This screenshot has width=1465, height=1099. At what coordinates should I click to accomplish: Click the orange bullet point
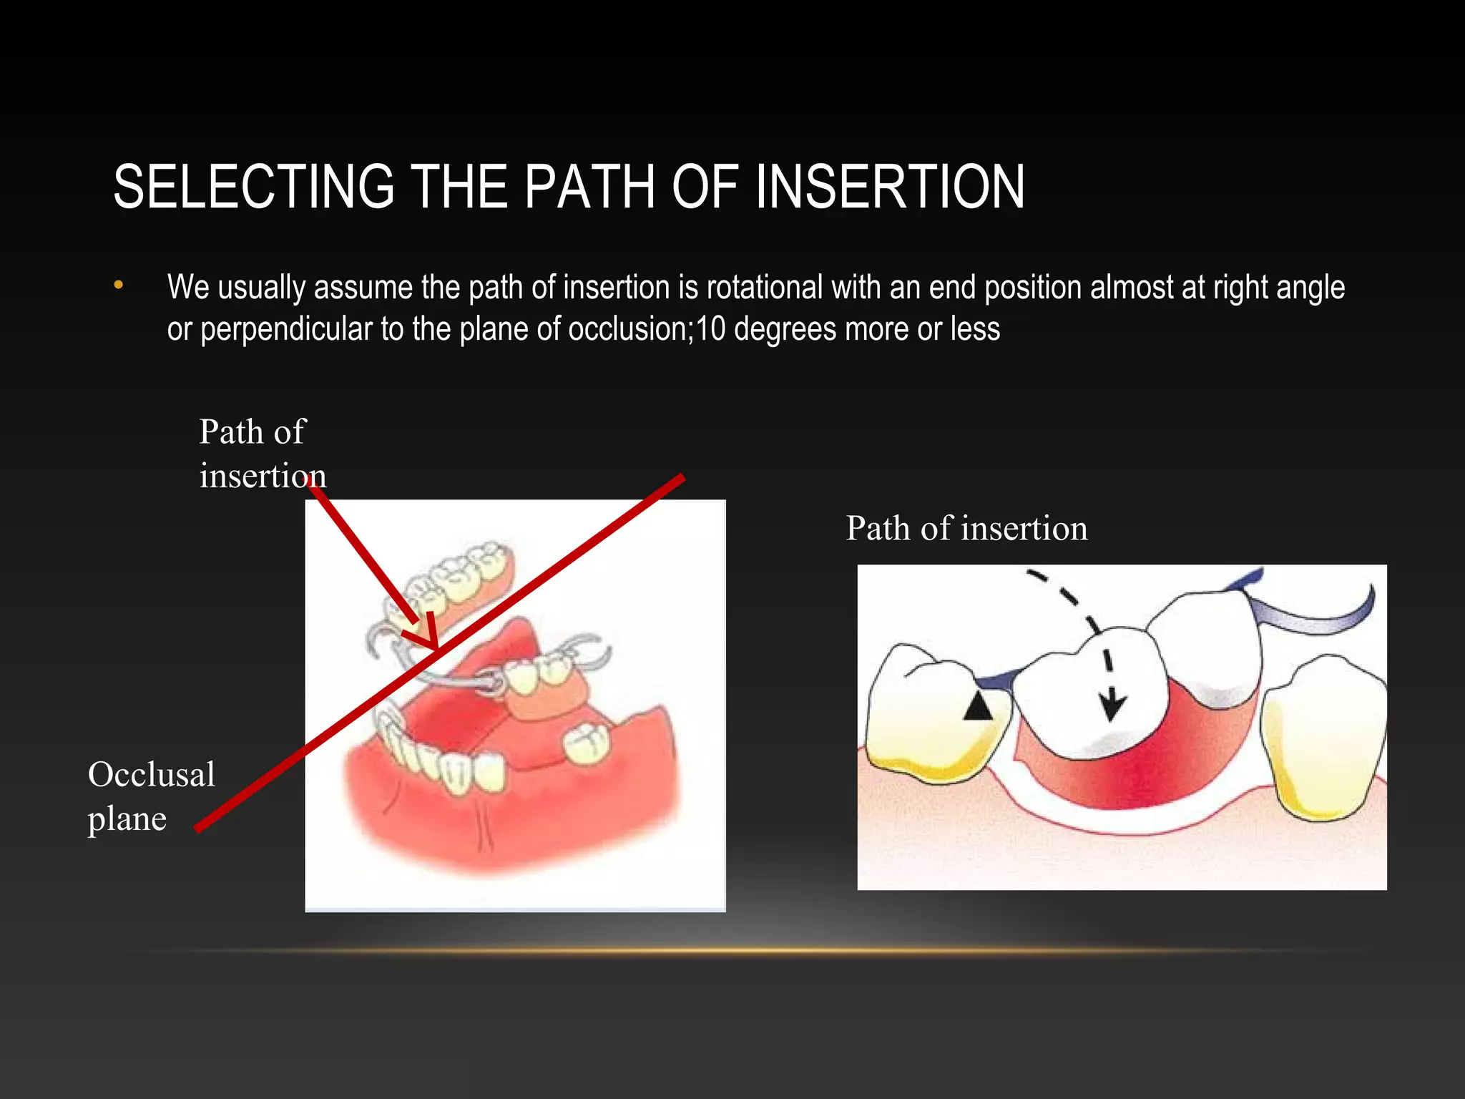coord(119,286)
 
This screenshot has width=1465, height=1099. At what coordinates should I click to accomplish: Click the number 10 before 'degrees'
coord(711,329)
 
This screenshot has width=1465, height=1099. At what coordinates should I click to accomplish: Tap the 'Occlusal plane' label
coord(150,796)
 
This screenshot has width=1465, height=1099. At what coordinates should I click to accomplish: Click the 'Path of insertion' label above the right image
coord(966,529)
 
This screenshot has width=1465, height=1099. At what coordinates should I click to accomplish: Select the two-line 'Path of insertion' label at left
coord(262,454)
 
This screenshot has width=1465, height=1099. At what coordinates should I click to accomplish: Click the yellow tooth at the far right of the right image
coord(1320,744)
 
